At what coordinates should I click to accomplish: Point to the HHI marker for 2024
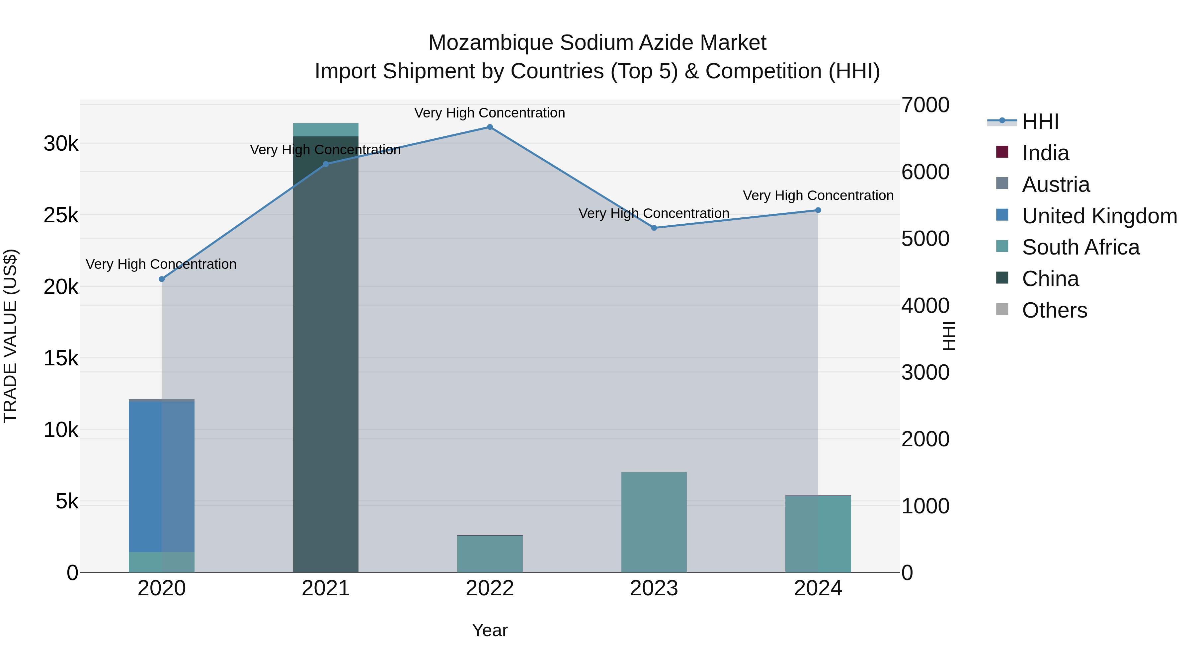[818, 210]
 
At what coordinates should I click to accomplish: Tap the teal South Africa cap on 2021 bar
[326, 130]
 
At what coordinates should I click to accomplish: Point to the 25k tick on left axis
[61, 215]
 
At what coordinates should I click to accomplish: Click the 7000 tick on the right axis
[925, 105]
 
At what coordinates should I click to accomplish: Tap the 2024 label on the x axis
[818, 588]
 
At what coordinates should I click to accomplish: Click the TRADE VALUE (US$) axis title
[10, 336]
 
